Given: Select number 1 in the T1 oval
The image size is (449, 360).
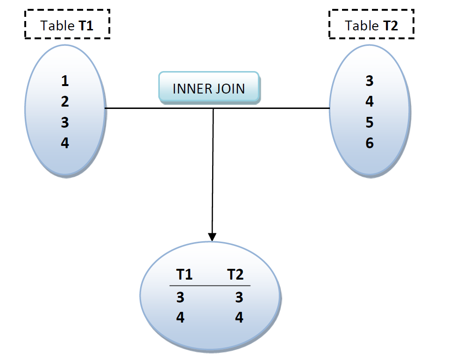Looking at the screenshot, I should coord(65,81).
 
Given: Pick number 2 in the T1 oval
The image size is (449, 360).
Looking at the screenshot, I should coord(65,101).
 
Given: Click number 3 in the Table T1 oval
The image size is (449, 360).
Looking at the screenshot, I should coord(65,122).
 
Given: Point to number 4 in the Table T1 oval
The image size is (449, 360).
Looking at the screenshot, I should coord(65,143).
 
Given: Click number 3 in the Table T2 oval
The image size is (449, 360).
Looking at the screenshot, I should coord(370,81).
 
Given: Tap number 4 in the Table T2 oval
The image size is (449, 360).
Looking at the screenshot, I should coord(370,101).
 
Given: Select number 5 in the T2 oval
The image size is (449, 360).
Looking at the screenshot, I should coord(370,122).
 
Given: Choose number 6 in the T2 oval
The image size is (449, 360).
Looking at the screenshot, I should coord(370,143).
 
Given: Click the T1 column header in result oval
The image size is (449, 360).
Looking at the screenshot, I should coord(184,274).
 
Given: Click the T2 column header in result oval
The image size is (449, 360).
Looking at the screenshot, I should coord(235,274).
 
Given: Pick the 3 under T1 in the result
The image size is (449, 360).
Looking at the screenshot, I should coord(180,297).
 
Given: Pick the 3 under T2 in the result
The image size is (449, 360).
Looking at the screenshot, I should coord(239,297).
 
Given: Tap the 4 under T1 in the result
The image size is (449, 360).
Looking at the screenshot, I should coord(180,318).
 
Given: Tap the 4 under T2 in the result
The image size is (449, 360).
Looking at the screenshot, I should coord(239,318).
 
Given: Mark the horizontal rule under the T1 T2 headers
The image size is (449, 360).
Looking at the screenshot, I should coord(210,285).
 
